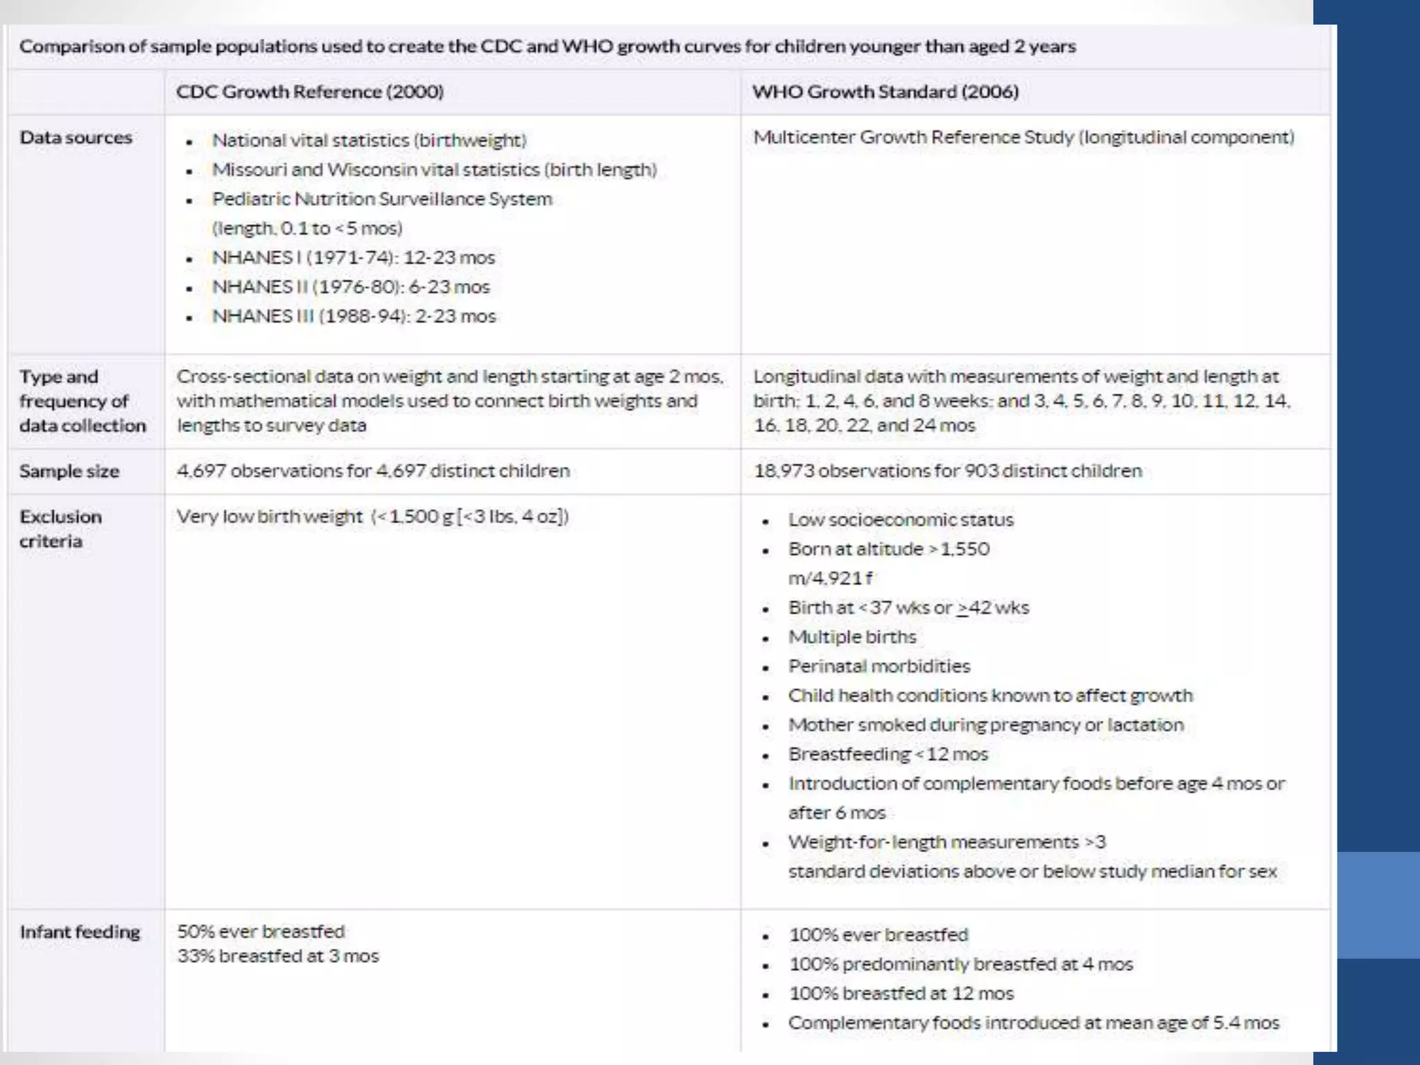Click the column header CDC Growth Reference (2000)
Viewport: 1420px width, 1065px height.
(309, 92)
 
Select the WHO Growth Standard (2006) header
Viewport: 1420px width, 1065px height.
(885, 92)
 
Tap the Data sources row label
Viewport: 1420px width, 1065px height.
(76, 137)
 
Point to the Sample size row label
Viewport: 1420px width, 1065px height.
(69, 471)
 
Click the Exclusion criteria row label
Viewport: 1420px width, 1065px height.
(60, 528)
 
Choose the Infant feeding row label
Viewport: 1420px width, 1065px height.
(80, 932)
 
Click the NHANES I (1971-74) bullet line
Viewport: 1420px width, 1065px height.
(353, 258)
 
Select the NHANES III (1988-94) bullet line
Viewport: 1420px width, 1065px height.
(354, 316)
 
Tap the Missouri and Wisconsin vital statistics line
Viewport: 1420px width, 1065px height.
(434, 170)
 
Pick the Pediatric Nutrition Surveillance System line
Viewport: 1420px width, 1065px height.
(382, 199)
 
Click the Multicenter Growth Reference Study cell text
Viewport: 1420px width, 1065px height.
(1023, 137)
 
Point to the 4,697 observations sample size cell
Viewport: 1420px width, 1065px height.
(373, 471)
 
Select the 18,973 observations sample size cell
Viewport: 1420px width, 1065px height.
(947, 471)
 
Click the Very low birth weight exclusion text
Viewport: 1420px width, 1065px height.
(372, 517)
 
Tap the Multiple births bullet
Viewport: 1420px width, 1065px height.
(851, 637)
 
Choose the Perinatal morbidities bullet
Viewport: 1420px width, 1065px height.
(878, 666)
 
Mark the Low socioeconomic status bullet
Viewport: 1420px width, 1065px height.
(900, 520)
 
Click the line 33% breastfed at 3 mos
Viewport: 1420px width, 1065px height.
(278, 956)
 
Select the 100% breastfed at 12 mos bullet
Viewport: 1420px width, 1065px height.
(901, 994)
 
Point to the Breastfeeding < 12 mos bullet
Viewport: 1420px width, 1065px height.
(887, 754)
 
